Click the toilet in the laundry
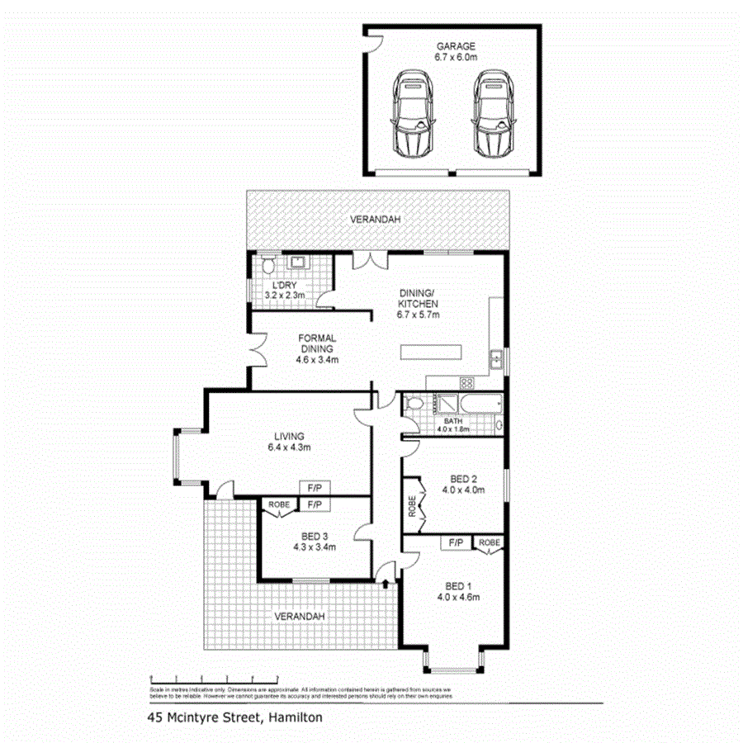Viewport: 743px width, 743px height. [x=267, y=267]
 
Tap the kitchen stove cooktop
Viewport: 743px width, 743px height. [x=466, y=383]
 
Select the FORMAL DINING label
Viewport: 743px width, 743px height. [x=318, y=343]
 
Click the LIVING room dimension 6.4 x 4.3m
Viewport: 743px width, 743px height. [x=288, y=447]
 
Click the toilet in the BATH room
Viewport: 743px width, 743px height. [x=414, y=405]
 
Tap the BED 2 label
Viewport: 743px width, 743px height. [x=463, y=479]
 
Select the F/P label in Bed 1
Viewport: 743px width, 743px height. [x=455, y=542]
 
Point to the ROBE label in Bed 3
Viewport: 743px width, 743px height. [x=277, y=504]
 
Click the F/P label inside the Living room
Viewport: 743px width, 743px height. [x=314, y=487]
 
